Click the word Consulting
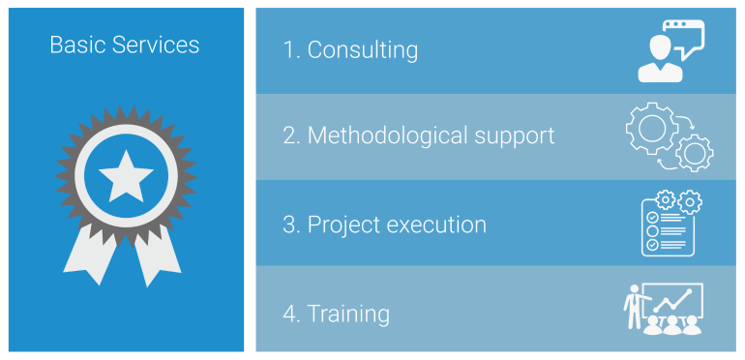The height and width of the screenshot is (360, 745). click(x=363, y=50)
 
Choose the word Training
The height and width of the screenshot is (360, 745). click(x=348, y=314)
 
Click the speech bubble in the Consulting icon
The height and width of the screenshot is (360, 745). click(x=686, y=39)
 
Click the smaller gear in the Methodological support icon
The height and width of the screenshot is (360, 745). click(x=694, y=153)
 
